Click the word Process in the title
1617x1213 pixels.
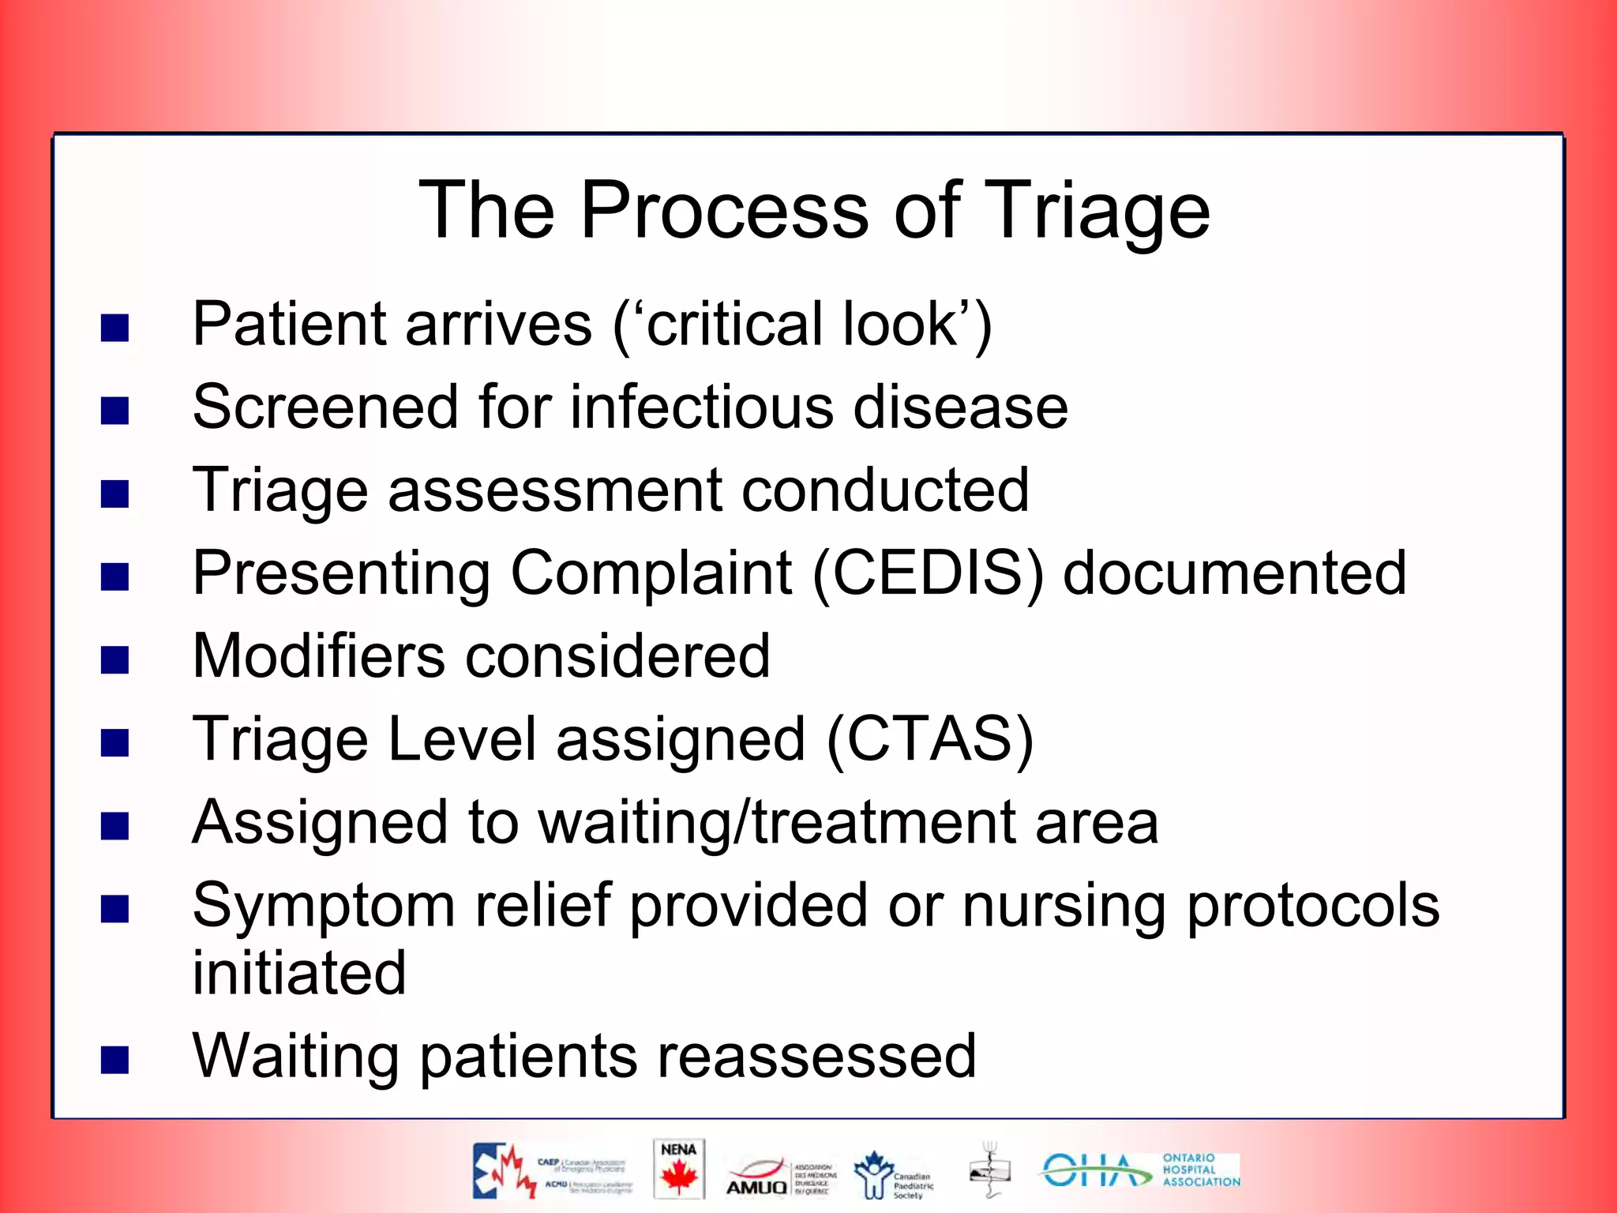pos(724,210)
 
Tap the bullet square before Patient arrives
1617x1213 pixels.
pos(115,328)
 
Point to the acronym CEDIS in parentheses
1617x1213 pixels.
pos(928,573)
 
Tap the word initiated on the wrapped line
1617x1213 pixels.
pos(299,972)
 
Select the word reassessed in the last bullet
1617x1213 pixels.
pos(816,1056)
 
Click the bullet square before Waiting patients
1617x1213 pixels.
pos(115,1061)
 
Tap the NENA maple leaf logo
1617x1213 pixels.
pos(678,1170)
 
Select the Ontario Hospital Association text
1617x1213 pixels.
pos(1200,1170)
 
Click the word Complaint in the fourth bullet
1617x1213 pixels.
pos(651,573)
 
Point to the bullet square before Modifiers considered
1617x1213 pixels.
pos(115,660)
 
